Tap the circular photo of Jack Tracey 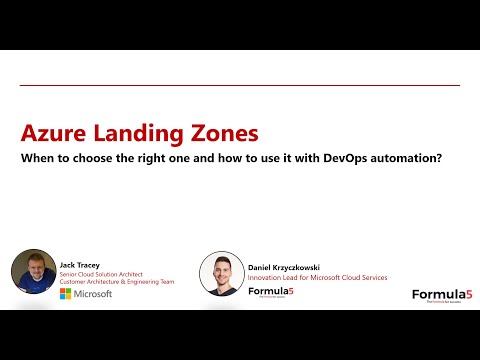[x=33, y=271]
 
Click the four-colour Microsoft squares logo [x=66, y=294]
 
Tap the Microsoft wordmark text [x=93, y=294]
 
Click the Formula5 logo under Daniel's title [x=269, y=291]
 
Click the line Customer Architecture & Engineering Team [x=117, y=282]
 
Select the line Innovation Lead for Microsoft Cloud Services [x=317, y=278]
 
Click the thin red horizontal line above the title [x=240, y=85]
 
